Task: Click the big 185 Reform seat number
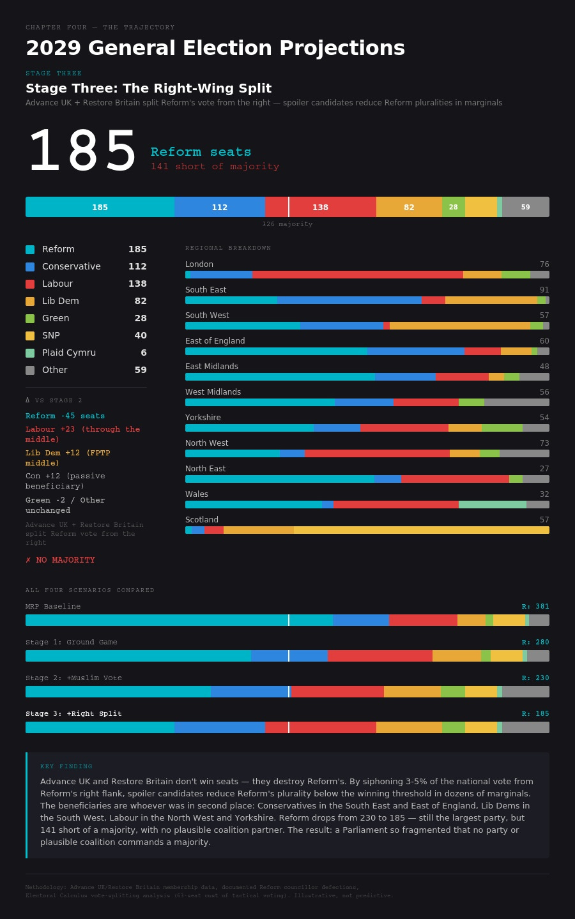[82, 152]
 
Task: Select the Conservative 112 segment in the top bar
[219, 207]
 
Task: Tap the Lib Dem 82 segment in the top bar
[409, 207]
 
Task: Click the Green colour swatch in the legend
[30, 318]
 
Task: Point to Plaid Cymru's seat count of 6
[144, 353]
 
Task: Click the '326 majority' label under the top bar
[287, 224]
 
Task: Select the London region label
[199, 264]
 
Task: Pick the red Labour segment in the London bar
[358, 275]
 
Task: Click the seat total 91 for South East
[544, 290]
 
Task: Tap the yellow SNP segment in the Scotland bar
[422, 530]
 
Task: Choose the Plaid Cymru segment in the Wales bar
[493, 505]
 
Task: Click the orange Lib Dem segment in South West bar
[460, 326]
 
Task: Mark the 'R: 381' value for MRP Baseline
[535, 607]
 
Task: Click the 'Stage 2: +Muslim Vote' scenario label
[73, 678]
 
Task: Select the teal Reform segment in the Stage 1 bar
[138, 656]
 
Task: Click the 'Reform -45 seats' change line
[65, 416]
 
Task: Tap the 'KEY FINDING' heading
[66, 766]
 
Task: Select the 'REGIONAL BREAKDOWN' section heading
[228, 248]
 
